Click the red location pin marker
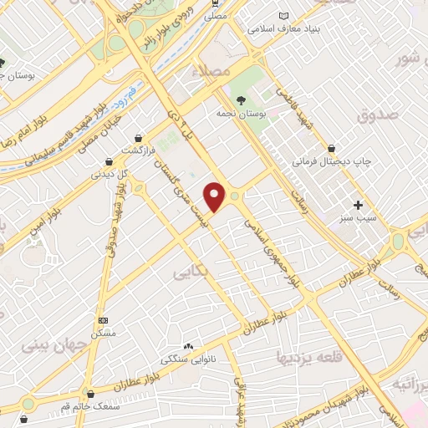click(216, 196)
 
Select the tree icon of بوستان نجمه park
click(241, 99)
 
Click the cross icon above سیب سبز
click(359, 204)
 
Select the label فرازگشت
click(139, 150)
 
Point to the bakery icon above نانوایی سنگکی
click(187, 345)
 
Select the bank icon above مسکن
click(103, 319)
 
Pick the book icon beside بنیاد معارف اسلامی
click(283, 16)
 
